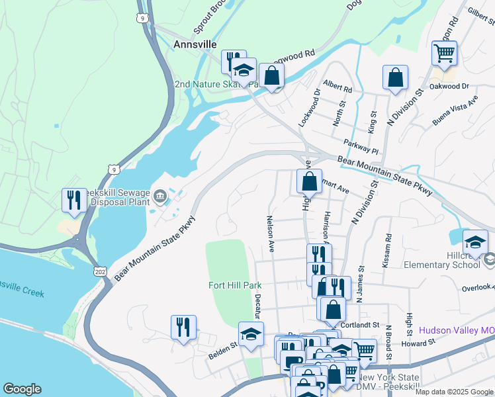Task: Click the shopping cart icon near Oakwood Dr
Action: [444, 53]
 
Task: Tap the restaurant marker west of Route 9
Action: [74, 200]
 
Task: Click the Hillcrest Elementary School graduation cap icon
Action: [475, 242]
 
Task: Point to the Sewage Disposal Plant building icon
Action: [160, 197]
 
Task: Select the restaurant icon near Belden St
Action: [183, 327]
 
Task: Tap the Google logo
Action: [22, 389]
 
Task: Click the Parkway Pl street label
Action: [361, 146]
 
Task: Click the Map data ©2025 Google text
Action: [453, 392]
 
